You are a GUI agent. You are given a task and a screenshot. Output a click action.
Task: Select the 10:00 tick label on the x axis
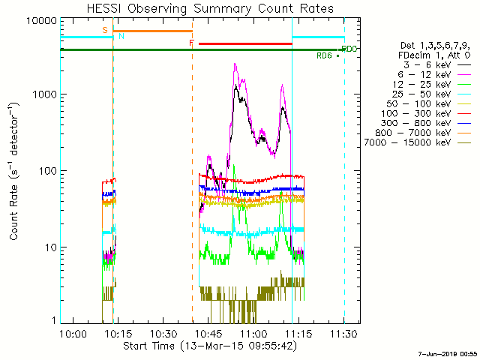coord(72,333)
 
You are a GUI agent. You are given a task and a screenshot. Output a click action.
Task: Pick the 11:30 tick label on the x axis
coord(344,333)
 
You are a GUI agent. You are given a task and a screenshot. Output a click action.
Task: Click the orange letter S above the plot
coord(105,30)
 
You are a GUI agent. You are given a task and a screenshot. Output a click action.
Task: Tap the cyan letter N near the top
coord(121,36)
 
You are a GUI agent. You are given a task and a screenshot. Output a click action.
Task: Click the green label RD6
coord(324,56)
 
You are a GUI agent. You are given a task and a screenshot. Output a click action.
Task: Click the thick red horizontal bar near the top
coord(244,44)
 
